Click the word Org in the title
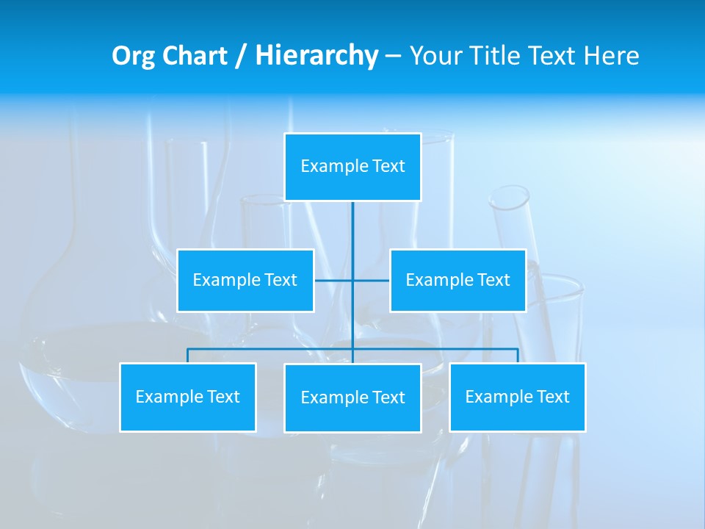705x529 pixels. click(x=133, y=56)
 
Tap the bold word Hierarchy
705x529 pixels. click(x=316, y=56)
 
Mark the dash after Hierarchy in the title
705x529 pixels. click(x=393, y=57)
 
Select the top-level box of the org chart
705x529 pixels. click(x=352, y=167)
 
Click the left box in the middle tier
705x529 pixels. click(x=245, y=280)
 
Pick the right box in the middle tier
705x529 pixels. click(x=458, y=280)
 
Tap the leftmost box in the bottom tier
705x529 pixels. click(x=187, y=397)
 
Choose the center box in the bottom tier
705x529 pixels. click(x=352, y=397)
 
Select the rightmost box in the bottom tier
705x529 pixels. click(x=518, y=397)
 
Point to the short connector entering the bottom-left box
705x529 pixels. click(x=187, y=356)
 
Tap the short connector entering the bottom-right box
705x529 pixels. click(x=518, y=356)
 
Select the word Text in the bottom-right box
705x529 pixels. click(x=552, y=397)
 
